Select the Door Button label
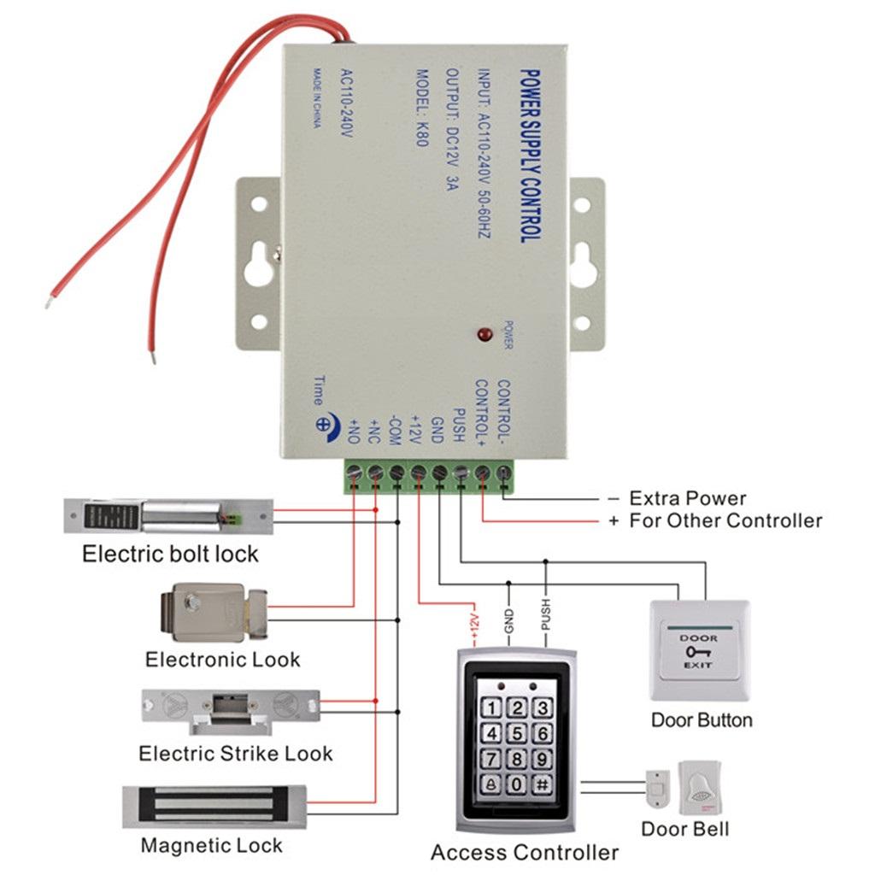pos(702,719)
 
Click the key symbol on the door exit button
pos(697,651)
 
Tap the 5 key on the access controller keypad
pos(517,733)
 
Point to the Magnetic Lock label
pos(211,846)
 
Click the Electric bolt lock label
pos(170,554)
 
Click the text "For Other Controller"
pos(725,520)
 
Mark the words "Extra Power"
pos(687,498)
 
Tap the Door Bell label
pos(685,829)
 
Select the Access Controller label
pos(524,852)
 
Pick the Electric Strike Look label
pos(235,754)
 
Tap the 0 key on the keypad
pos(517,784)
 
